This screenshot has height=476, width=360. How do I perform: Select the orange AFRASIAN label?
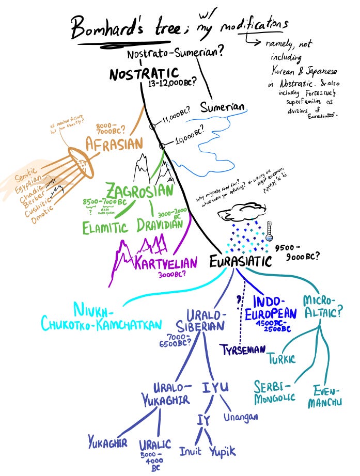click(114, 143)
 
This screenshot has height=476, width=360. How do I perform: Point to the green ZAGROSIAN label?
click(139, 191)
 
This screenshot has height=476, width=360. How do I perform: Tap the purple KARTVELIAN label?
click(166, 263)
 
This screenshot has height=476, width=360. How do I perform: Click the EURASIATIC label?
click(240, 262)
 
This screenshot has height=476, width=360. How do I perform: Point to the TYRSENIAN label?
click(242, 350)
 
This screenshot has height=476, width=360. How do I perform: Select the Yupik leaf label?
click(223, 451)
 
